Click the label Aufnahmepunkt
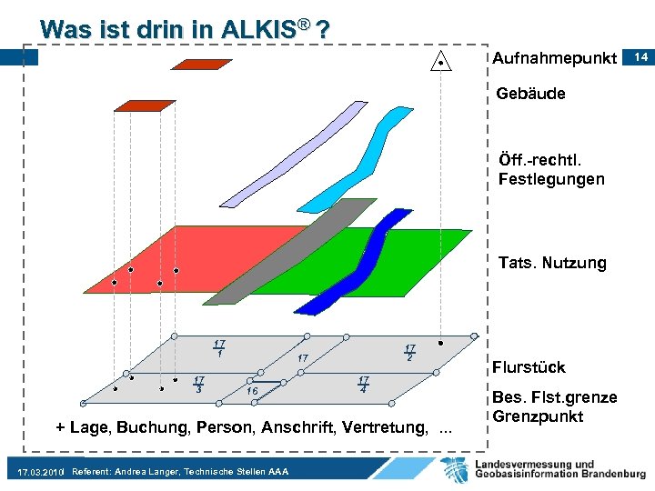pos(554,59)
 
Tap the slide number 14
pos(640,57)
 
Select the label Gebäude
pos(531,94)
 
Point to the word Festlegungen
pos(551,179)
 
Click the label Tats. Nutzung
pos(552,264)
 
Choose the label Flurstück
pos(529,367)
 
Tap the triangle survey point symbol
pos(441,61)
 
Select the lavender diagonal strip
pos(291,155)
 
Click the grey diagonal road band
pos(291,255)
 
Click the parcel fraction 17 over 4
pos(363,385)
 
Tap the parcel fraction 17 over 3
pos(198,385)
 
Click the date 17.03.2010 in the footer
pos(41,473)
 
